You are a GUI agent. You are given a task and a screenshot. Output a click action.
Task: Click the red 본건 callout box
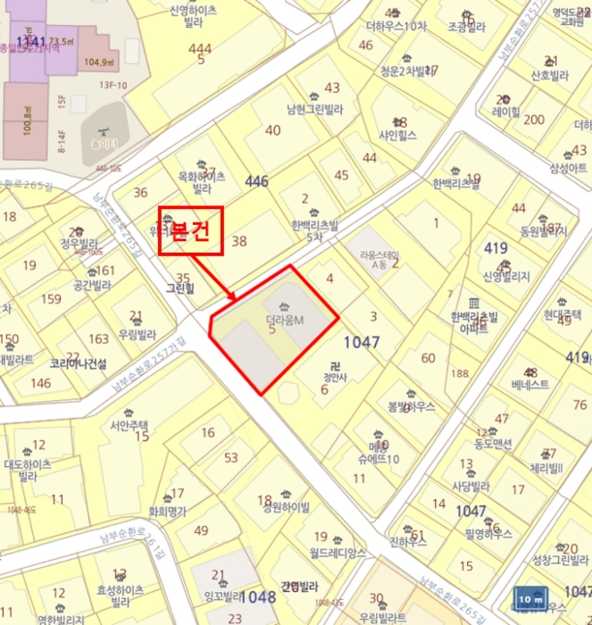[189, 230]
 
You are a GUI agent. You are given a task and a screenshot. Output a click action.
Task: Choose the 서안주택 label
[129, 425]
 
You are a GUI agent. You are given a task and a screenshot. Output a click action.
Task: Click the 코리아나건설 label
[79, 364]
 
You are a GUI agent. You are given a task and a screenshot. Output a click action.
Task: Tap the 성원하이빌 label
[286, 507]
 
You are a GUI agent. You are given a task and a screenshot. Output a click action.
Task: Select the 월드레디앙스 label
[338, 553]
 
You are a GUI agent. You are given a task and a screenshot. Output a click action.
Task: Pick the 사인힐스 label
[398, 136]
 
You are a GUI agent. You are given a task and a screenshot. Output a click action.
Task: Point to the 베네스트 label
[530, 386]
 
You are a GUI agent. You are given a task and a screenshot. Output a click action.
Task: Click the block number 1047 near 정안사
[362, 342]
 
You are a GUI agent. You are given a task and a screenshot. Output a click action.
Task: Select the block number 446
[256, 181]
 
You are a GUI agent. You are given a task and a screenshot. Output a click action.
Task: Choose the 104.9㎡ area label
[99, 62]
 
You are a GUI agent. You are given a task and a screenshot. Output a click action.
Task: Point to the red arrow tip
[235, 298]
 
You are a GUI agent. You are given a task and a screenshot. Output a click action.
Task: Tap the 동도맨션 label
[492, 443]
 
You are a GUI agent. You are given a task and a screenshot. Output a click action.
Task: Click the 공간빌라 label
[92, 286]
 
